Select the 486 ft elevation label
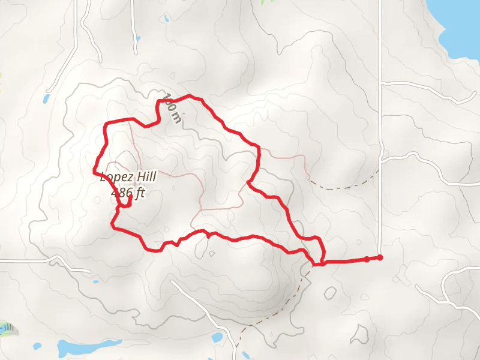click(x=128, y=193)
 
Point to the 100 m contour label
click(x=172, y=108)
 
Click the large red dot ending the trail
click(x=380, y=258)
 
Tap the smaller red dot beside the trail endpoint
click(x=367, y=259)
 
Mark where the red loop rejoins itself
click(x=322, y=263)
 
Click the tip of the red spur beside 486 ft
click(x=130, y=198)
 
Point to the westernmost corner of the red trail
click(x=94, y=172)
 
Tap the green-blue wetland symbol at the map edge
click(x=6, y=328)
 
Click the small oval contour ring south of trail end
click(x=330, y=293)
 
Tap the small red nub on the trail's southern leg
click(x=208, y=235)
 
